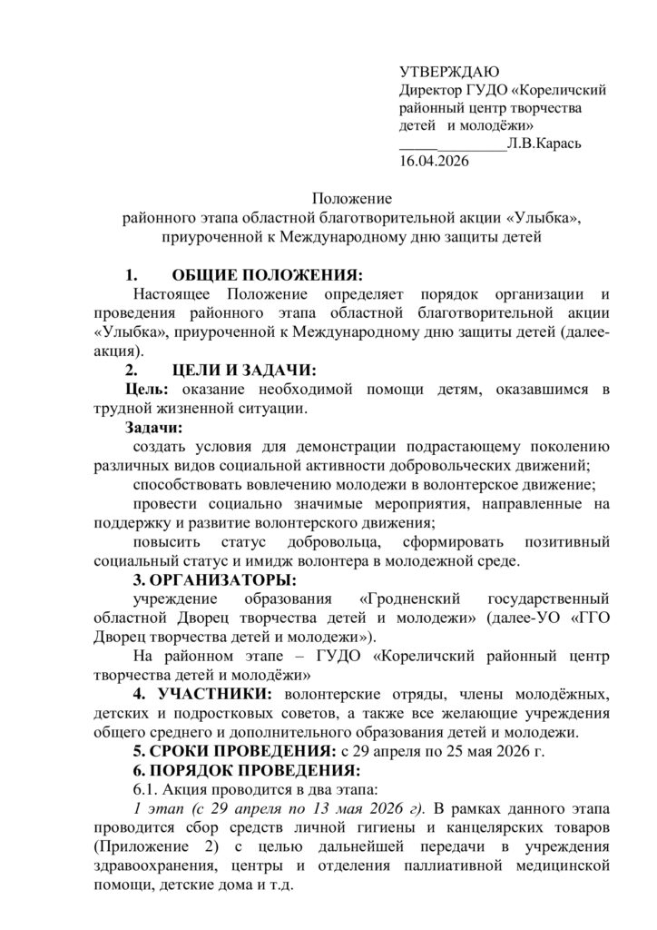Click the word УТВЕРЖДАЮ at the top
tap(444, 73)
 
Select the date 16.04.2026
tap(433, 160)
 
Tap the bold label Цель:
tap(146, 390)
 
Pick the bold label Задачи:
tap(153, 427)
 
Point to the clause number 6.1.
tap(145, 789)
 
